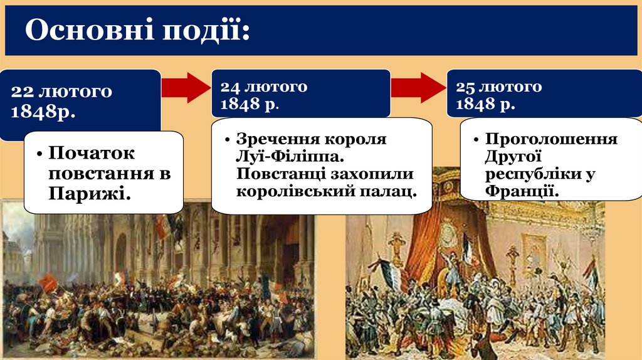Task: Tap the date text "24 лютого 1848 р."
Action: [263, 94]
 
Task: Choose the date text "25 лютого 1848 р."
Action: [499, 94]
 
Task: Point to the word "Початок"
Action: [92, 153]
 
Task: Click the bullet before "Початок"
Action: [39, 154]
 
